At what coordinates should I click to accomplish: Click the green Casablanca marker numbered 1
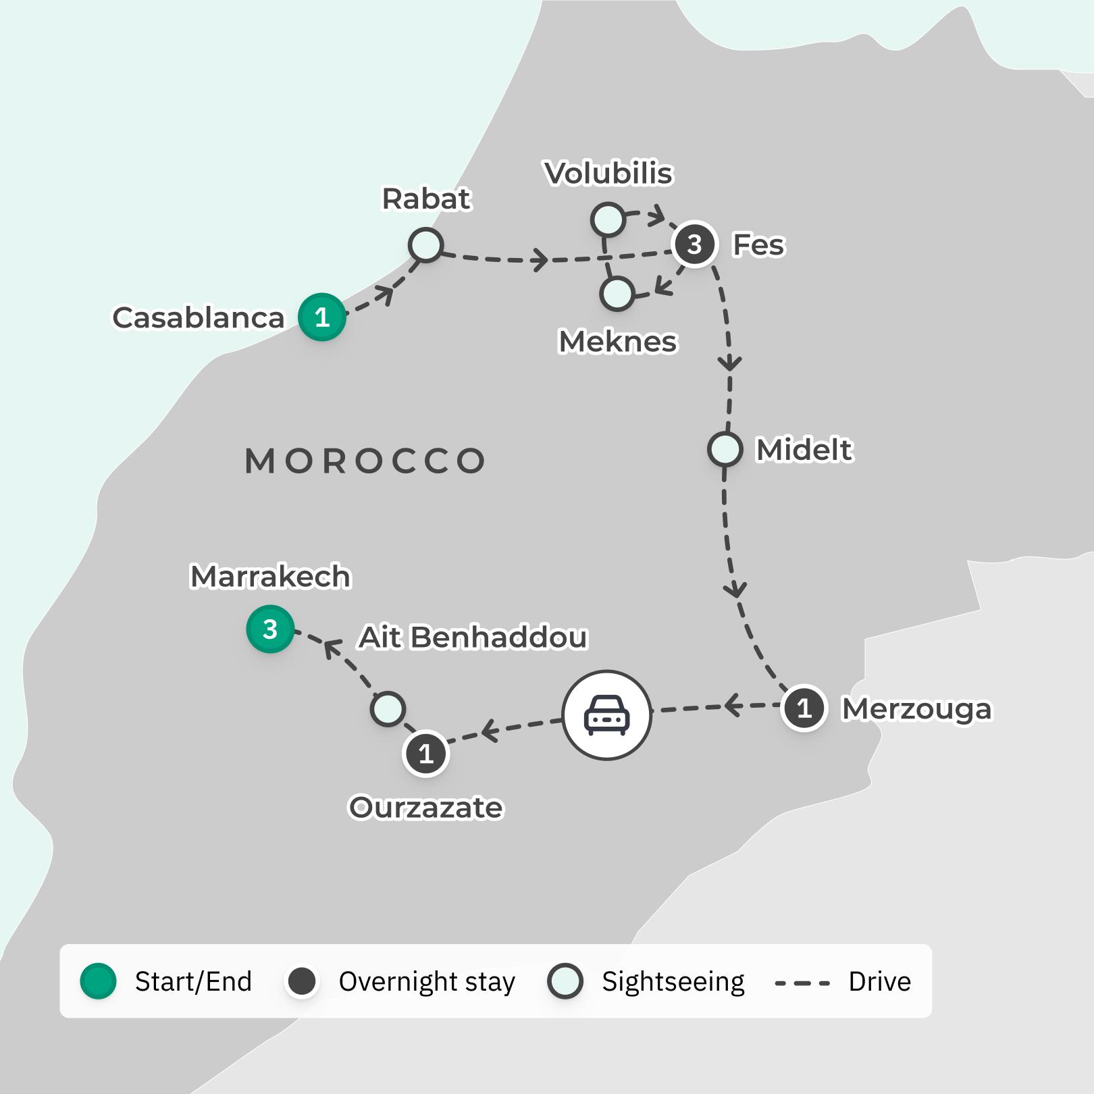coord(322,317)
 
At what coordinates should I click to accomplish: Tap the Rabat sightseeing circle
coord(425,244)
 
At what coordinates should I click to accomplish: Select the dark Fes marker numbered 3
coord(694,244)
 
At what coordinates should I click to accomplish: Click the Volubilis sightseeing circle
coord(608,219)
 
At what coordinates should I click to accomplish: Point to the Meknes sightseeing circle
coord(617,294)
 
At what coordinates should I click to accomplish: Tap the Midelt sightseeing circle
coord(725,449)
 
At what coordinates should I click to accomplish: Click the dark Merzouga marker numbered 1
coord(804,708)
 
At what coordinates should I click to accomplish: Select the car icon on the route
coord(606,714)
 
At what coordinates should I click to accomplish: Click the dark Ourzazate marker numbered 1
coord(425,753)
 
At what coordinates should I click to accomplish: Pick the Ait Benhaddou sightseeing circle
coord(388,709)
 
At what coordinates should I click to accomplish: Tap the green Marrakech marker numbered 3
coord(270,629)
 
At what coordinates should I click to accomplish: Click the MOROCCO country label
coord(365,461)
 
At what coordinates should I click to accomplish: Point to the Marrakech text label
coord(270,577)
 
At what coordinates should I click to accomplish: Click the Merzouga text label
coord(916,709)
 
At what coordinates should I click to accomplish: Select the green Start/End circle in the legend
coord(99,981)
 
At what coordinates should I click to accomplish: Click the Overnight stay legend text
coord(426,981)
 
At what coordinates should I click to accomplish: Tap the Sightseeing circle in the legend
coord(565,981)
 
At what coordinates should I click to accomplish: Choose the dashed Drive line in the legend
coord(802,983)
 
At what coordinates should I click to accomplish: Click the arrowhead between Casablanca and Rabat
coord(386,294)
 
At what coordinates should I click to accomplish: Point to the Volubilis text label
coord(608,174)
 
